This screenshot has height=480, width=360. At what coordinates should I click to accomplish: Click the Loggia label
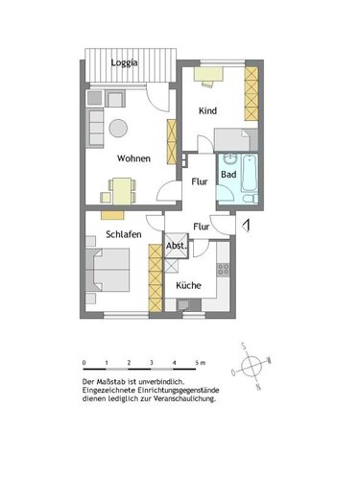tap(123, 62)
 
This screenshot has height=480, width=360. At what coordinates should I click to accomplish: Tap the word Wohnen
tap(133, 157)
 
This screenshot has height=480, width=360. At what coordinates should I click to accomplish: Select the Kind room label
tap(207, 111)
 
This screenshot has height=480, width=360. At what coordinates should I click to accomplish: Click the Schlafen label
tap(126, 233)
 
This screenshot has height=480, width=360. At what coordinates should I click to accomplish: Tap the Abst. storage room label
tap(177, 247)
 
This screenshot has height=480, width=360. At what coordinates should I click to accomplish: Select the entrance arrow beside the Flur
tap(247, 227)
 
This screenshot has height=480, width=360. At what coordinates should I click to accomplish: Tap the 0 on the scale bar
tap(84, 362)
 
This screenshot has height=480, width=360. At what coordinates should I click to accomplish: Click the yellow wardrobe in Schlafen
tap(154, 277)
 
